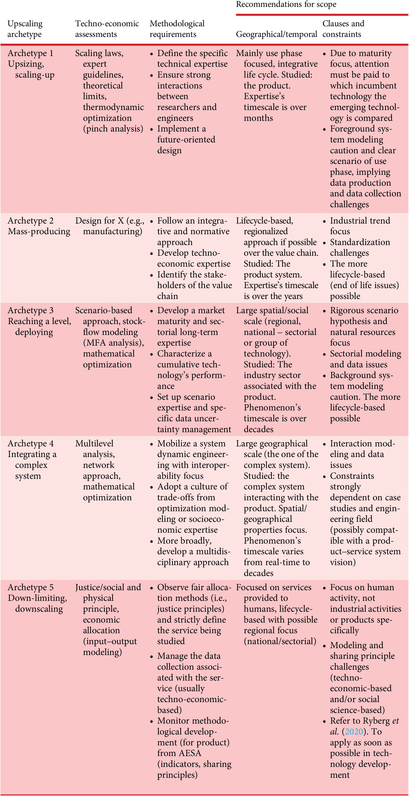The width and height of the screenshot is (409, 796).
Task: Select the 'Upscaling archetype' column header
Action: (x=25, y=29)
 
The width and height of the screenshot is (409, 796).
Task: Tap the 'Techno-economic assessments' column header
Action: (x=107, y=29)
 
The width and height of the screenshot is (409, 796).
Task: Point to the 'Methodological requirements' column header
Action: (x=177, y=29)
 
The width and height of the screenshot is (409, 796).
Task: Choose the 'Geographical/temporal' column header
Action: (x=276, y=34)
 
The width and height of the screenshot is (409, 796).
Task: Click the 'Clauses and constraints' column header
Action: (x=343, y=29)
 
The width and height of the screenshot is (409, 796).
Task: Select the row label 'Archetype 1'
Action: (x=30, y=53)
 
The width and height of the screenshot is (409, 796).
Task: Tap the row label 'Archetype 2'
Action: (x=30, y=221)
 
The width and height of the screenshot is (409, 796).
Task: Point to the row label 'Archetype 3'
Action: (x=30, y=310)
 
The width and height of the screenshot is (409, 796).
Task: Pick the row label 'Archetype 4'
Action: (x=30, y=444)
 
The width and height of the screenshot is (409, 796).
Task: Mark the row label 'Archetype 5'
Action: (x=30, y=587)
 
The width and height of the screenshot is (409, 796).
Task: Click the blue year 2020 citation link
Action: (x=354, y=731)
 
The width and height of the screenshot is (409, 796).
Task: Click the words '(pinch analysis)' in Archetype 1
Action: (x=113, y=128)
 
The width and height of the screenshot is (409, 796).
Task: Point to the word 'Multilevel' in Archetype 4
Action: (x=94, y=444)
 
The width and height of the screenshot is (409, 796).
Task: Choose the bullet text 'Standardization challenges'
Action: (x=360, y=247)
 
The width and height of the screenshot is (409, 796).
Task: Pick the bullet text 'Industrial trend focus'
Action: (x=360, y=226)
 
